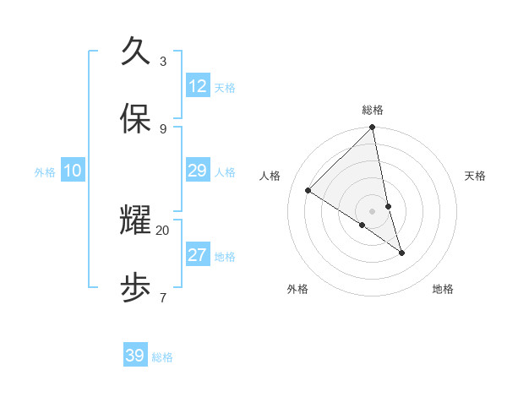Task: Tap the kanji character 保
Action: (x=136, y=119)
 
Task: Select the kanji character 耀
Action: (x=136, y=220)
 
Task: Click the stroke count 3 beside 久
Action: (x=163, y=61)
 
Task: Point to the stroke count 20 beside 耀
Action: (x=163, y=230)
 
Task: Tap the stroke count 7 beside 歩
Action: (x=163, y=297)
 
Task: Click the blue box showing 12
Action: (x=197, y=86)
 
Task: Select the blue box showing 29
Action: (x=197, y=171)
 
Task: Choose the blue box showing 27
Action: (x=197, y=255)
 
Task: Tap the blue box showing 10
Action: (x=73, y=171)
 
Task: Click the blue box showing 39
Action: (x=135, y=356)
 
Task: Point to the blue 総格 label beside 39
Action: (x=162, y=357)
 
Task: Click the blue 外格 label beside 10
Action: (x=45, y=172)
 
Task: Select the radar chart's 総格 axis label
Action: (x=373, y=110)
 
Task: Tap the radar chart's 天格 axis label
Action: (x=475, y=176)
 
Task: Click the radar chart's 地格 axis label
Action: (x=443, y=289)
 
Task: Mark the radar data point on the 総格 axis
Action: (x=373, y=128)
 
